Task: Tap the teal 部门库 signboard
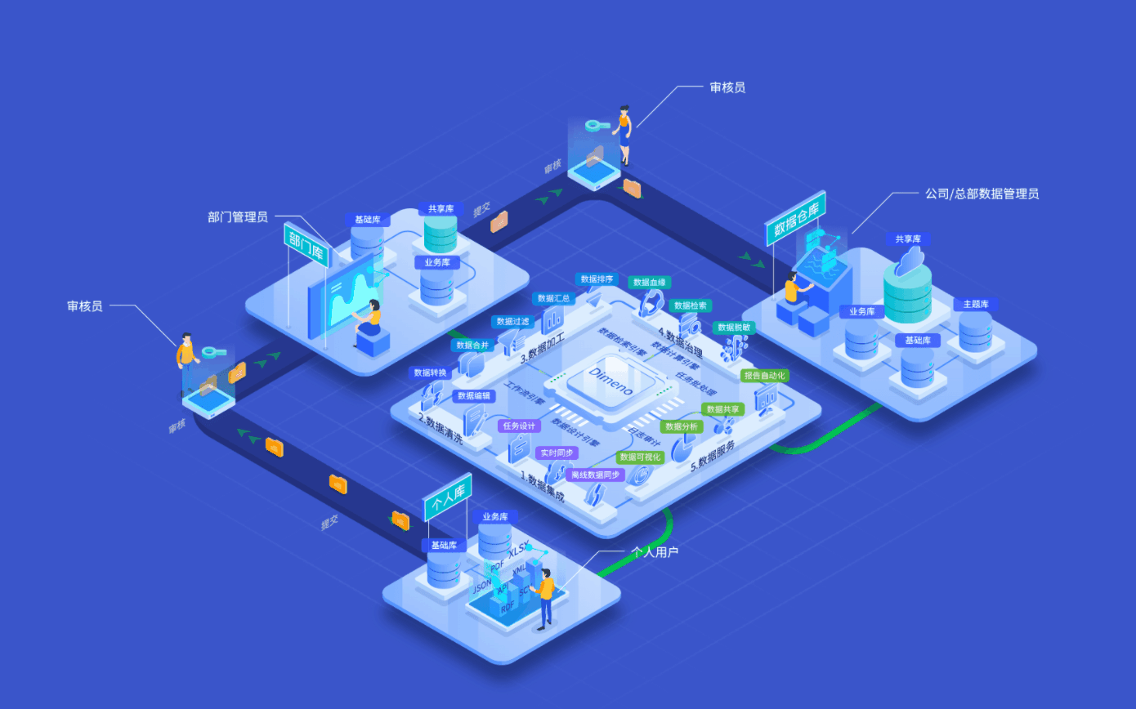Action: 306,243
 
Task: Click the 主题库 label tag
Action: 975,305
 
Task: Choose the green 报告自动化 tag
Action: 765,376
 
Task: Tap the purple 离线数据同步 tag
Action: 595,475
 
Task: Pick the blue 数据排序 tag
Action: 597,279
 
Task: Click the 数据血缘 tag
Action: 650,283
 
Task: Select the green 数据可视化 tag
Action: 640,457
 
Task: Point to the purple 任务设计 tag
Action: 519,426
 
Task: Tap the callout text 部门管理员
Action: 238,217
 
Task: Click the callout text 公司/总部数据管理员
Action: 982,194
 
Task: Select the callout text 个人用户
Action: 655,552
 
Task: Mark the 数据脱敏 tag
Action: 733,328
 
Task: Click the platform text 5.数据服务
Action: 713,457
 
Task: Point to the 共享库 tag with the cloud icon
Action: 908,239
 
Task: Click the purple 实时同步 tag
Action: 556,453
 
